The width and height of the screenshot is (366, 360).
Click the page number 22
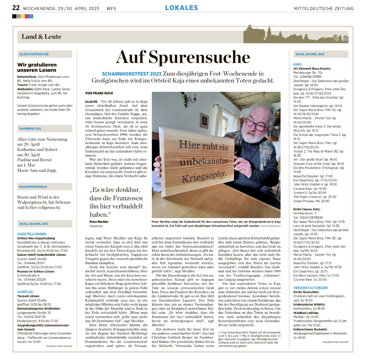tap(16, 8)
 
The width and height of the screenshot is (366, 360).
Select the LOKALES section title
tap(181, 8)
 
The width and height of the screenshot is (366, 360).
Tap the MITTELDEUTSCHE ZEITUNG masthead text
tap(323, 9)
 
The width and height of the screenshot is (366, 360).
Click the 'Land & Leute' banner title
tap(42, 37)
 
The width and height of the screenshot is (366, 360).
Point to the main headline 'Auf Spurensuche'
tap(183, 57)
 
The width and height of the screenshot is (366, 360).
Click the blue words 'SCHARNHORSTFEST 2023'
tap(132, 74)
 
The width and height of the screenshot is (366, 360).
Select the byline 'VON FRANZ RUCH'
tap(99, 93)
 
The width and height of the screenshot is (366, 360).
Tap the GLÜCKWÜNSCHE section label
tap(34, 54)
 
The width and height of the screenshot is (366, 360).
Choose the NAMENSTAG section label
tap(30, 128)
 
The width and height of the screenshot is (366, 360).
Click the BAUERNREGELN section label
tap(33, 187)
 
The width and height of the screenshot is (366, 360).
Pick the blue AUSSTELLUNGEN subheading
tap(32, 234)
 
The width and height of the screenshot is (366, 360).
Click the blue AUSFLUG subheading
tap(25, 292)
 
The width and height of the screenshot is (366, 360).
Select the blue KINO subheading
tap(297, 64)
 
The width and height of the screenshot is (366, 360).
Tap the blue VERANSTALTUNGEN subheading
tap(310, 288)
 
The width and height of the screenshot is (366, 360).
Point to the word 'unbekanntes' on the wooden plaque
tap(204, 162)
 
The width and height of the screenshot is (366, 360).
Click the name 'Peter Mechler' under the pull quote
tap(99, 222)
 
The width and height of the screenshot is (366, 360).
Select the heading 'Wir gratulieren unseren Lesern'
tap(37, 67)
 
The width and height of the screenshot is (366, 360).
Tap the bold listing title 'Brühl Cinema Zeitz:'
tap(307, 209)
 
